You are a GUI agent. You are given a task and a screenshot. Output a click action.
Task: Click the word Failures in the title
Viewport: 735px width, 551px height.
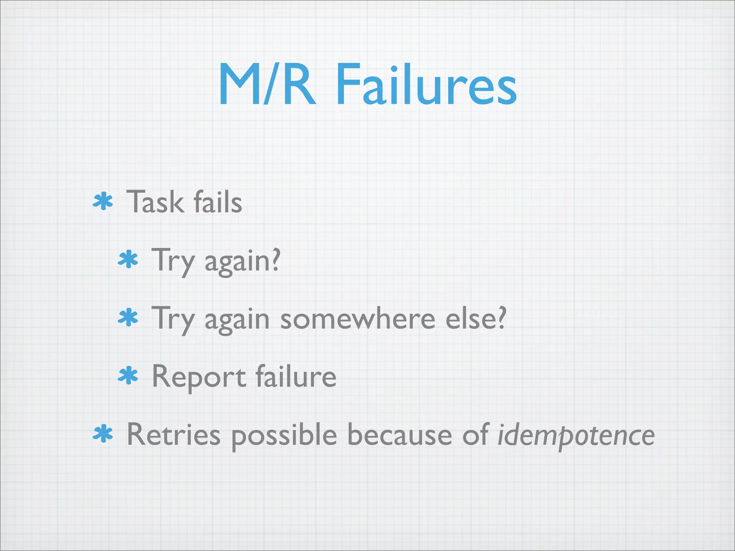[426, 85]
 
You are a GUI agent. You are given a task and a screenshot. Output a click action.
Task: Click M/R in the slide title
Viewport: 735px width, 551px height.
[267, 85]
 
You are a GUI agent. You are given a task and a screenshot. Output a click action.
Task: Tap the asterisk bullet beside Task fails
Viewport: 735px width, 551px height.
[103, 202]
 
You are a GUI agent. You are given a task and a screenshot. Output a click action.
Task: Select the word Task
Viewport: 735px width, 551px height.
[155, 202]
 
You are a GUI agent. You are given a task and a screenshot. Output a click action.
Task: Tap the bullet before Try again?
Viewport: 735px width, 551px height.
[128, 260]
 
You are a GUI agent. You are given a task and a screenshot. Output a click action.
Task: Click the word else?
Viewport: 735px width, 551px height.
[476, 318]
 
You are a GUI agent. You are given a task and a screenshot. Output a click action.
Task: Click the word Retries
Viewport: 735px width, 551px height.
[174, 435]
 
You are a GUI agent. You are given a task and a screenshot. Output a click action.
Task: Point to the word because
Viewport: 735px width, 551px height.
[400, 435]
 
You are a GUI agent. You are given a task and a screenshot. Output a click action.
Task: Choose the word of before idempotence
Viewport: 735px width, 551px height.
[476, 435]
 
